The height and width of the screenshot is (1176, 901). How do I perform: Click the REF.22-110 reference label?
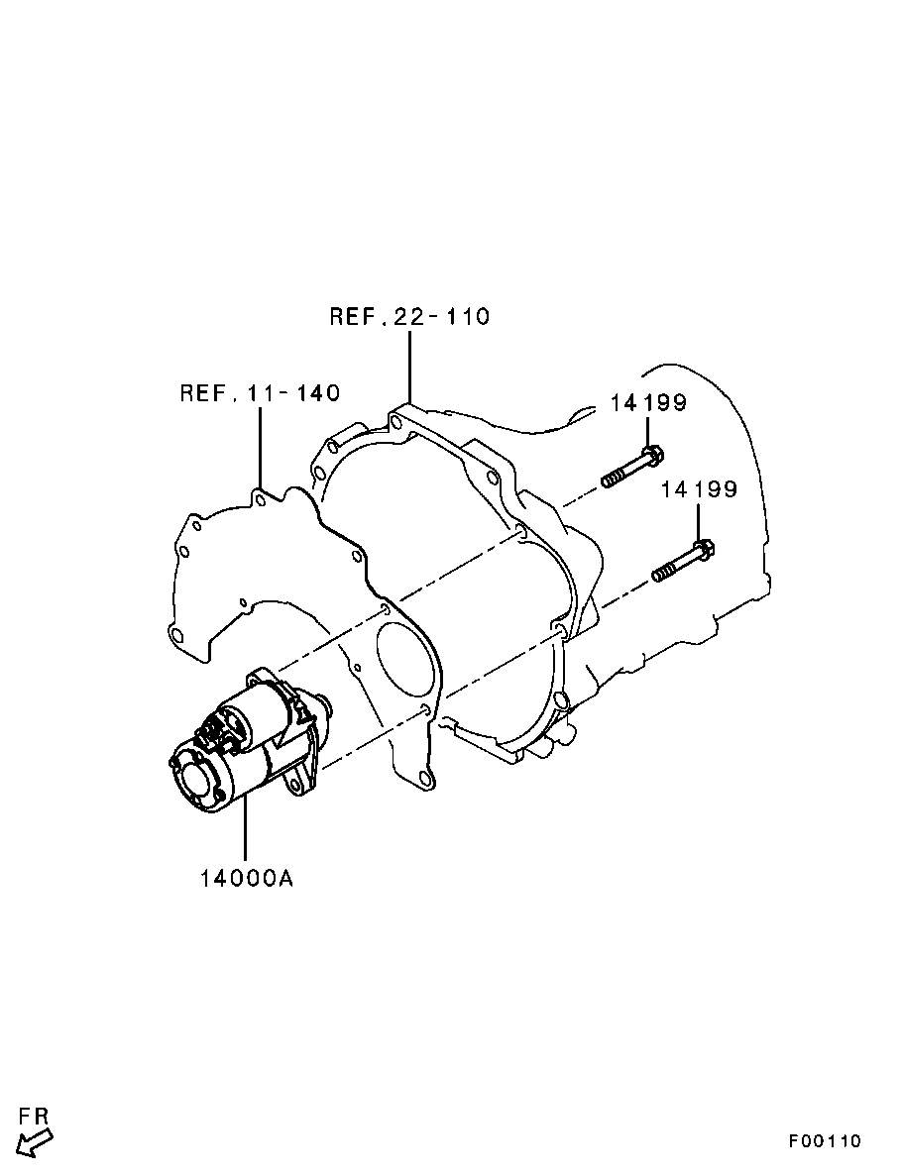409,317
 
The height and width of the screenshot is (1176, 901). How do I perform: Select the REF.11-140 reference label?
260,393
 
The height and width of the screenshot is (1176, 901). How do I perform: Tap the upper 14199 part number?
648,403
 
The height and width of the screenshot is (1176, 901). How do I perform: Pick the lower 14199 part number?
700,489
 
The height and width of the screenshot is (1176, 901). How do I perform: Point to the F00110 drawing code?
825,1140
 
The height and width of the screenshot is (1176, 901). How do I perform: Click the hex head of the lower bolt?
702,548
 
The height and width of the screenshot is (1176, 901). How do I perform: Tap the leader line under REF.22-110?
409,367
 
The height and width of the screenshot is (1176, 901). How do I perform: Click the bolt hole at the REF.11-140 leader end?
260,497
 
